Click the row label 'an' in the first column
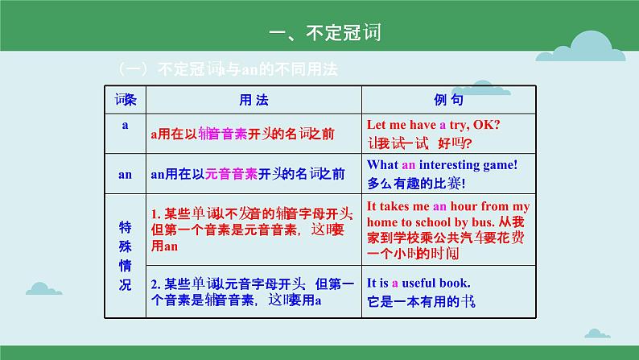(x=126, y=173)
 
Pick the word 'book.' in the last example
(x=457, y=283)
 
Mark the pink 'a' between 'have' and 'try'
(x=443, y=125)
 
